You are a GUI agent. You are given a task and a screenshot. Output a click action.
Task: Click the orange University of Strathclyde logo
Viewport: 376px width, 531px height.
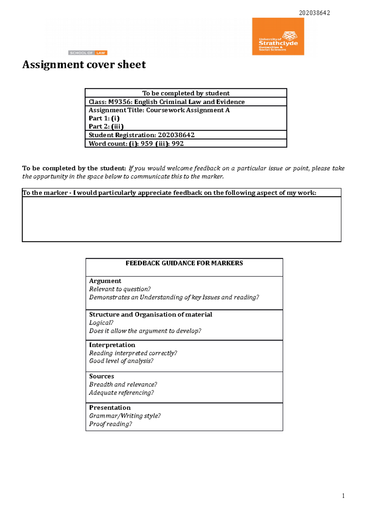(x=278, y=37)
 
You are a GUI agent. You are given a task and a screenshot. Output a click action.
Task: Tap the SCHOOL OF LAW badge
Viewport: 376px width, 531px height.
(x=88, y=53)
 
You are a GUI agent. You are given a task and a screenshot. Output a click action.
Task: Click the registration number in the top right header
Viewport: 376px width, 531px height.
(x=314, y=13)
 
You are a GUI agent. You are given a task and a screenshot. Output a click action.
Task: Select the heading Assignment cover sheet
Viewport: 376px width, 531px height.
(x=84, y=65)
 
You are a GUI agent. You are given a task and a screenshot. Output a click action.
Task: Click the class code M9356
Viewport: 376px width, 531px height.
(x=119, y=102)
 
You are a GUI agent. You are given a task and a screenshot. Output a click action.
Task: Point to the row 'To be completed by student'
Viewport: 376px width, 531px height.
(x=186, y=93)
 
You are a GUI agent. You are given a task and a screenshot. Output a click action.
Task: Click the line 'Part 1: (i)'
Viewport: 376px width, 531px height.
(x=104, y=118)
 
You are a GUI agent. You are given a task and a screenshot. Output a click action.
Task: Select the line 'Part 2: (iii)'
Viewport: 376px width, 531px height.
(x=106, y=126)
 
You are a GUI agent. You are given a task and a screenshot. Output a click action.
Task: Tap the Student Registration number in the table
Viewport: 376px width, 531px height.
(x=176, y=135)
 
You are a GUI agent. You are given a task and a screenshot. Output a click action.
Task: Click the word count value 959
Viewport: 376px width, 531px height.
(x=147, y=144)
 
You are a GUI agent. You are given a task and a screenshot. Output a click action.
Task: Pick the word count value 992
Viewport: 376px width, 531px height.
(x=178, y=144)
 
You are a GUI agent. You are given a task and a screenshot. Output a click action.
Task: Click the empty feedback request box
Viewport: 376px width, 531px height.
(x=181, y=219)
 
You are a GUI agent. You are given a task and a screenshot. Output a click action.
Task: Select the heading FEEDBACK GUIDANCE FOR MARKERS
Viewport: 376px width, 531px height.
(x=184, y=263)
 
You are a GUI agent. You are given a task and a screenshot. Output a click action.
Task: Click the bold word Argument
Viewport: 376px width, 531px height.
(x=105, y=281)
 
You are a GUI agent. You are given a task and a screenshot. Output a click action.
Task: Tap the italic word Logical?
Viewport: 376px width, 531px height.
(x=101, y=323)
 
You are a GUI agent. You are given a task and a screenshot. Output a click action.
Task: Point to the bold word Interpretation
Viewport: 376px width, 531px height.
(x=112, y=345)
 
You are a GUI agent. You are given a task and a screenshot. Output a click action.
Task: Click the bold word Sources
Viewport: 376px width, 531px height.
(x=102, y=376)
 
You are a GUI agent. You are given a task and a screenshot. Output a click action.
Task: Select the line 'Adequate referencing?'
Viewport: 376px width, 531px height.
(x=121, y=393)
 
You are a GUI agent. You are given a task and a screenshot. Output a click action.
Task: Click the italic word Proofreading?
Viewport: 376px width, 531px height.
(x=110, y=424)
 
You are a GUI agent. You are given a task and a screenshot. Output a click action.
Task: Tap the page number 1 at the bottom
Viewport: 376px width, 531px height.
(x=343, y=496)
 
